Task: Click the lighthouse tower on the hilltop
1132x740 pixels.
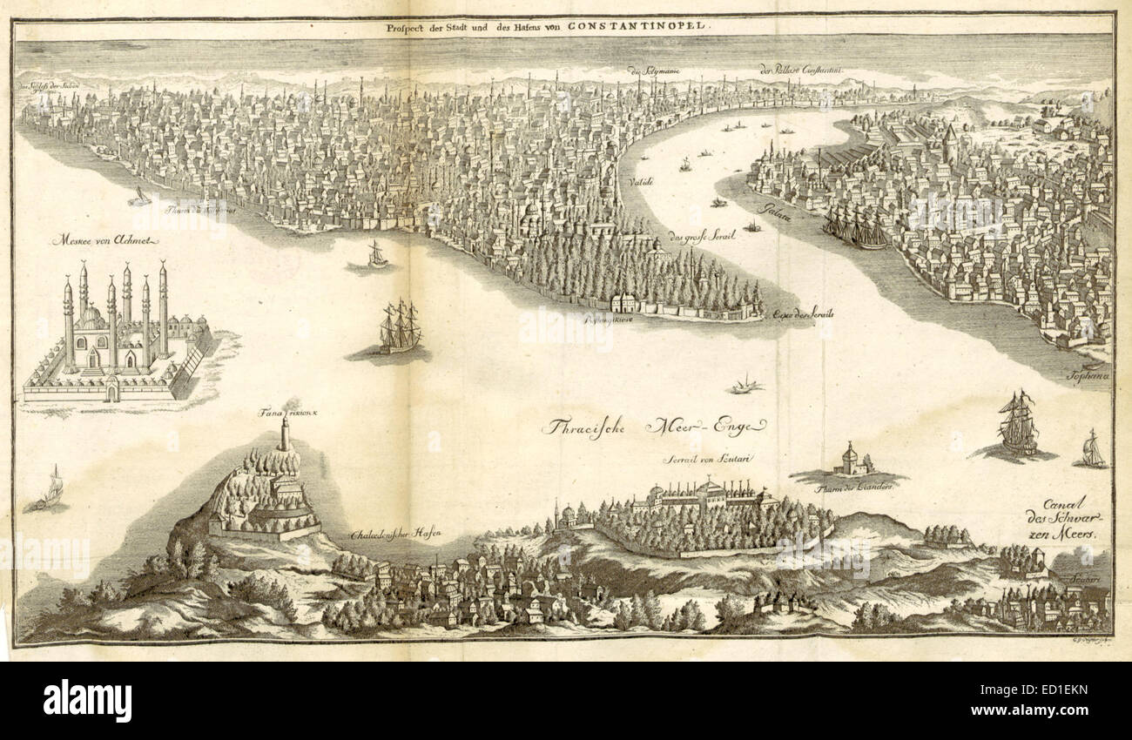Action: pyautogui.click(x=284, y=434)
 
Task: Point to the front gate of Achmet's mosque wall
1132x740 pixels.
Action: pyautogui.click(x=111, y=394)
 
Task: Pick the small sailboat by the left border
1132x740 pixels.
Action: pyautogui.click(x=52, y=488)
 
